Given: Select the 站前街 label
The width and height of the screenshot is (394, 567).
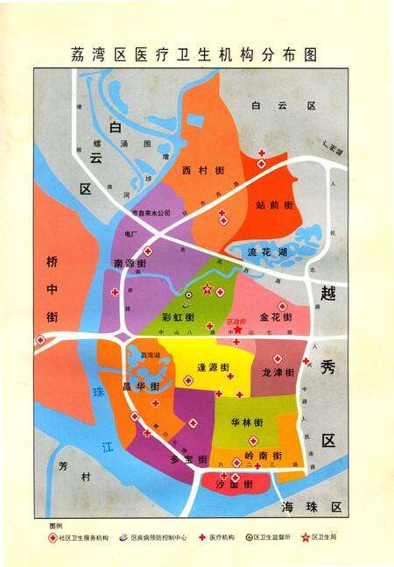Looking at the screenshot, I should click(274, 204).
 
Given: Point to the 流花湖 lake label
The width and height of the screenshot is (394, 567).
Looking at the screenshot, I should click(267, 252).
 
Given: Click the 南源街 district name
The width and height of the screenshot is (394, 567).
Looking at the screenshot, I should click(130, 263).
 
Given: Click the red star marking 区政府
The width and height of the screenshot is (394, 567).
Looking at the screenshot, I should click(236, 330).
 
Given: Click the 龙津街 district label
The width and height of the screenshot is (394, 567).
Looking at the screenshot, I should click(278, 372).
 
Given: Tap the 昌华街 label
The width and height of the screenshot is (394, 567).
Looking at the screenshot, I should click(141, 386).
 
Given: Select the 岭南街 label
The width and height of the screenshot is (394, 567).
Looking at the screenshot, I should click(264, 456).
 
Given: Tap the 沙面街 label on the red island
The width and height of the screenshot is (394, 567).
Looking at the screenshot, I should click(236, 484).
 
